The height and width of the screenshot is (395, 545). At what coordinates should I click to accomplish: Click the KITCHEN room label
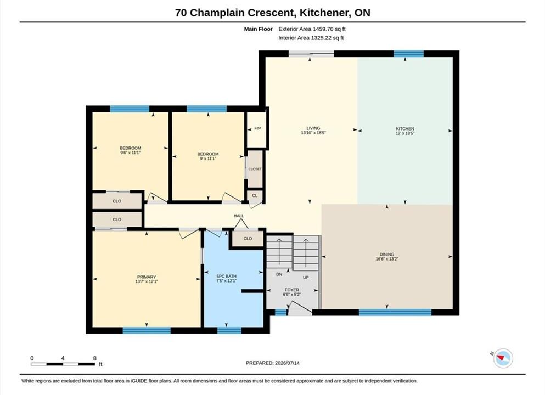pos(405,128)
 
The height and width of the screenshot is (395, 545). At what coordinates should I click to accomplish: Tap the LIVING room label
pos(313,128)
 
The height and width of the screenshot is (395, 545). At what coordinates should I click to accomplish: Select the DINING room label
pos(387,255)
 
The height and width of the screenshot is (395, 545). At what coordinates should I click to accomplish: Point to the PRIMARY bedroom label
pos(147,277)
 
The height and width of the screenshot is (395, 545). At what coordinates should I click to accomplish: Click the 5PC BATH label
pos(226,276)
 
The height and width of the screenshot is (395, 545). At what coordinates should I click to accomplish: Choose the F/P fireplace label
pos(257,128)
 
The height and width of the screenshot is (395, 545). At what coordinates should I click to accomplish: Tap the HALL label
pos(239,216)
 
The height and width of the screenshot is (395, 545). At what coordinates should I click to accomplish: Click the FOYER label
pos(291,290)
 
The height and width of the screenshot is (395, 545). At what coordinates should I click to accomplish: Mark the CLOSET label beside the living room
pos(255,169)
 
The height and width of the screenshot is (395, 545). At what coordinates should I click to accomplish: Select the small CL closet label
pos(255,196)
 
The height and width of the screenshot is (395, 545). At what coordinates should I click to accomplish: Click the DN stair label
pos(279,274)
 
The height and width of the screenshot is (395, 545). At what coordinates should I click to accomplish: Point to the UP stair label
pos(306,277)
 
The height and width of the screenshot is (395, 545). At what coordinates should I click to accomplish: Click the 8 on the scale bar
pos(94,358)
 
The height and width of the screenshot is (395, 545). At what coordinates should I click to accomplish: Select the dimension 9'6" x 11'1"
pos(130,153)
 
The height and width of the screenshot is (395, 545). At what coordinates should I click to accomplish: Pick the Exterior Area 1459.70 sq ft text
pos(312,29)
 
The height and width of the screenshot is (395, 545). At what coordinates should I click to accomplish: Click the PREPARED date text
pos(272,363)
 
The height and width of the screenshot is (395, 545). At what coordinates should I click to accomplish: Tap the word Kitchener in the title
pos(324,13)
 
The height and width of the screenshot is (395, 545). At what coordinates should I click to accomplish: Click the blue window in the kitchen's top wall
pos(409,54)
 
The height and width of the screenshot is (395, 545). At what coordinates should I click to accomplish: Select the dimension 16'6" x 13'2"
pos(387,259)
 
